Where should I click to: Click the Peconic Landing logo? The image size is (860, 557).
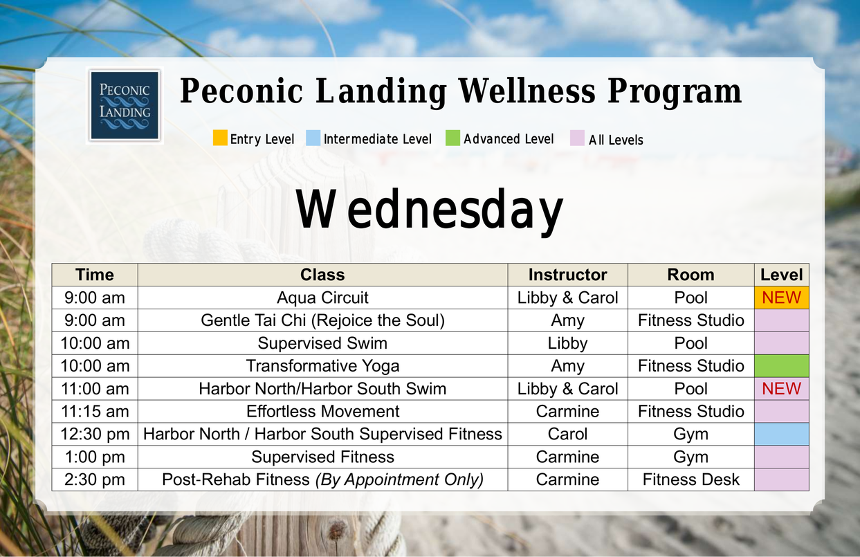pos(125,105)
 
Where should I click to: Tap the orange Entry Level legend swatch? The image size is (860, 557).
pos(220,138)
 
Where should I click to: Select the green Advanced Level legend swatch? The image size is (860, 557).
pos(452,138)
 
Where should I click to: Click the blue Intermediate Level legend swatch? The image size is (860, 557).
pos(313,138)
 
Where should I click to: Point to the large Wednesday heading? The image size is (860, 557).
pos(429,210)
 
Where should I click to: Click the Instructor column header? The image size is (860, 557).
pos(567,275)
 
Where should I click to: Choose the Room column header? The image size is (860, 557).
pos(690,275)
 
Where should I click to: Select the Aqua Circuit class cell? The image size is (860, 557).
pos(322,298)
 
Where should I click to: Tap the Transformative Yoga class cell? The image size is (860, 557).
pos(322,366)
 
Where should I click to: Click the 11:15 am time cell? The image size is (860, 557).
pos(95,411)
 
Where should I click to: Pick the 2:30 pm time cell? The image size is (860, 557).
pos(95,480)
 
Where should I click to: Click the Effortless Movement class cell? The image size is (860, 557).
pos(322,411)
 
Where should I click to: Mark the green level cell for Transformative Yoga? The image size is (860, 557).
pos(781,366)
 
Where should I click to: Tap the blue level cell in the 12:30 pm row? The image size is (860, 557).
pos(781,434)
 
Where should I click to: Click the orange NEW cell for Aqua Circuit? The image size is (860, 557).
pos(781,298)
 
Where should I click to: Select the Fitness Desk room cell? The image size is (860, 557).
pos(690,480)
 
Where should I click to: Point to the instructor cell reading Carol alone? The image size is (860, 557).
pos(567,434)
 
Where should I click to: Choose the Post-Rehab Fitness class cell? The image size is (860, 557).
pos(322,480)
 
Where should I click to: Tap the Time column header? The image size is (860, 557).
pos(95,275)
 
